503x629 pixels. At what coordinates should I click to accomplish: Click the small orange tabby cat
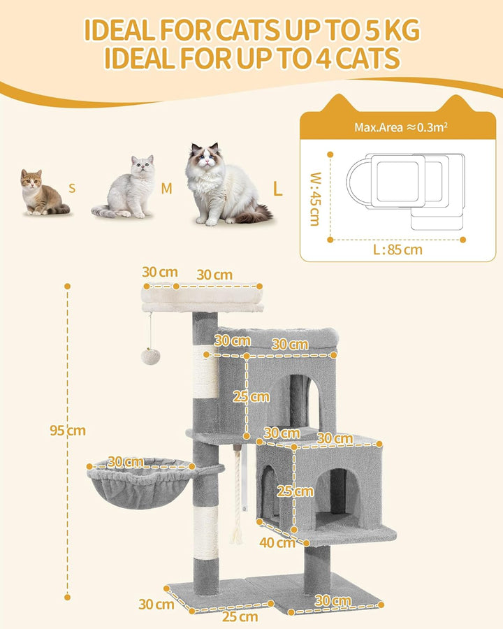43,192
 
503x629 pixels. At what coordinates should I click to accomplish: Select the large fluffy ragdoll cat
225,185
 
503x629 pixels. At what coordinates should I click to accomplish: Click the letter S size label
72,188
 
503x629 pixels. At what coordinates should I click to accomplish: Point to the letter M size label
166,188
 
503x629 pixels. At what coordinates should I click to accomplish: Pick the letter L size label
277,188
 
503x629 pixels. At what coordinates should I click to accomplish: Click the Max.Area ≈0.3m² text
401,127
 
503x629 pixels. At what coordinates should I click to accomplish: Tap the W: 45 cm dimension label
316,199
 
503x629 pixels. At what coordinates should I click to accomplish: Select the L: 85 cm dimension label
398,250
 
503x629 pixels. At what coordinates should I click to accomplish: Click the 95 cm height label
68,431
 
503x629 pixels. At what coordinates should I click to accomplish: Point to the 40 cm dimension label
277,543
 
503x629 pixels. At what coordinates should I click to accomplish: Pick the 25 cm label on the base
240,616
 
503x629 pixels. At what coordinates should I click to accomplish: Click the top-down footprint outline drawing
406,191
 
